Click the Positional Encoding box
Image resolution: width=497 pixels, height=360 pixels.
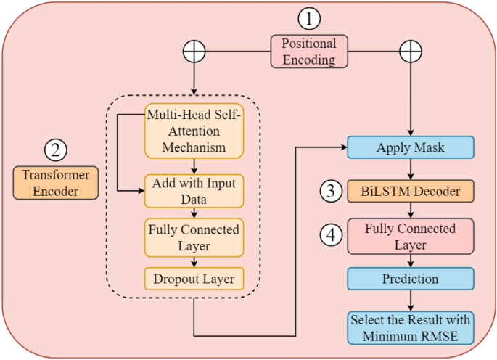click(x=308, y=52)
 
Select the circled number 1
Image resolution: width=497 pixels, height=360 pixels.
click(x=309, y=18)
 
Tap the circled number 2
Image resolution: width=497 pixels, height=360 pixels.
click(x=56, y=150)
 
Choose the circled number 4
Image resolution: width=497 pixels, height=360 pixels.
click(x=332, y=236)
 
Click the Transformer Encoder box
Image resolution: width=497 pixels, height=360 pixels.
click(x=56, y=183)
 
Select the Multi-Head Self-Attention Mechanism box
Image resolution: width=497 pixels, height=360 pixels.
click(x=193, y=131)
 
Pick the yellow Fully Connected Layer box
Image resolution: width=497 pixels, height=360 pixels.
click(x=193, y=237)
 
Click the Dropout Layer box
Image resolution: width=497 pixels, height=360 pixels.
click(x=193, y=278)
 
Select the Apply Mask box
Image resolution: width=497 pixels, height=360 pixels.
click(x=411, y=147)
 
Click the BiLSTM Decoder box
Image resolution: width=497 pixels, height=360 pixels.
click(x=411, y=192)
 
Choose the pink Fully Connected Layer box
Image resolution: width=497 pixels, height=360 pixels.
click(x=411, y=237)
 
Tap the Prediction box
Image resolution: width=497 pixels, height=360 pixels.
click(x=411, y=279)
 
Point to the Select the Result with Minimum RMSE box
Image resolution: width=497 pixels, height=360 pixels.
click(x=411, y=327)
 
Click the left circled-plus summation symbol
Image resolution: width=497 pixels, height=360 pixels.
click(x=194, y=51)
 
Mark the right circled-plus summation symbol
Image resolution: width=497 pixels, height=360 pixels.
click(x=411, y=51)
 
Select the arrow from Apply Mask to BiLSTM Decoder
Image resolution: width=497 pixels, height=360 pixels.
click(x=411, y=170)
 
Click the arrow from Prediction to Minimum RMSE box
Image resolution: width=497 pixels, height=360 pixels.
click(x=411, y=300)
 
